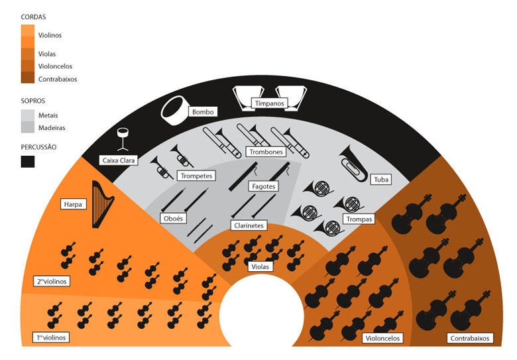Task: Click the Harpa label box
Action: tap(73, 204)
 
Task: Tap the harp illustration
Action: tap(103, 204)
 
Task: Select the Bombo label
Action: tap(203, 112)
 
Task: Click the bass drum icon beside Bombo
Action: tap(174, 111)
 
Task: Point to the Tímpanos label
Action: tap(269, 103)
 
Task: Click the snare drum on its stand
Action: tap(123, 139)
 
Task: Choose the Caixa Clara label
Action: tap(119, 160)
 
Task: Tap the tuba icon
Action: tap(353, 164)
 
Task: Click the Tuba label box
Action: tap(381, 180)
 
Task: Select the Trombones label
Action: tap(266, 152)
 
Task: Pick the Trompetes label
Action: tap(196, 176)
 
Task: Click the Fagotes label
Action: tap(263, 186)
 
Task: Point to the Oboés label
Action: tap(173, 218)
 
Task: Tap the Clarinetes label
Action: tap(249, 225)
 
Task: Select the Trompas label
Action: tap(359, 219)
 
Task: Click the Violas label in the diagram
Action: tap(260, 267)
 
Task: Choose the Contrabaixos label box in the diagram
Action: tap(470, 338)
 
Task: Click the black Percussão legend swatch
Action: tap(28, 162)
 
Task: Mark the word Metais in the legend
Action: tap(48, 115)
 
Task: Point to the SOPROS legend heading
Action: tap(33, 101)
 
